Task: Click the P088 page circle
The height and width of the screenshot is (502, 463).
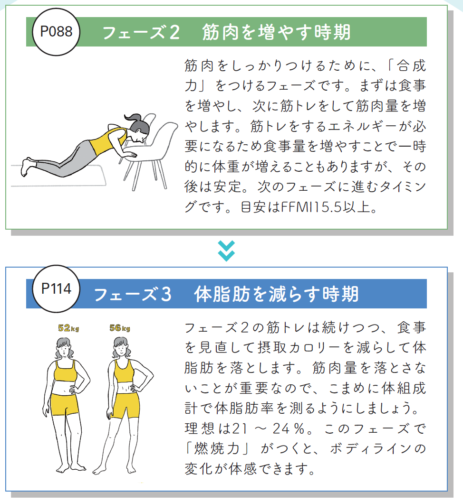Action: point(56,32)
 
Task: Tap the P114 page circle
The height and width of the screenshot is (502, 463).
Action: point(56,289)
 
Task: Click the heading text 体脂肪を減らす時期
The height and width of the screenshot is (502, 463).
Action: point(276,294)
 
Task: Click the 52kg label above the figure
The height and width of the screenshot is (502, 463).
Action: point(68,328)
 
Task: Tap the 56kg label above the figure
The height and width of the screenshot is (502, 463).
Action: point(120,328)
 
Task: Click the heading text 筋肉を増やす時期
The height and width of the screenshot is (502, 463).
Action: point(276,32)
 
